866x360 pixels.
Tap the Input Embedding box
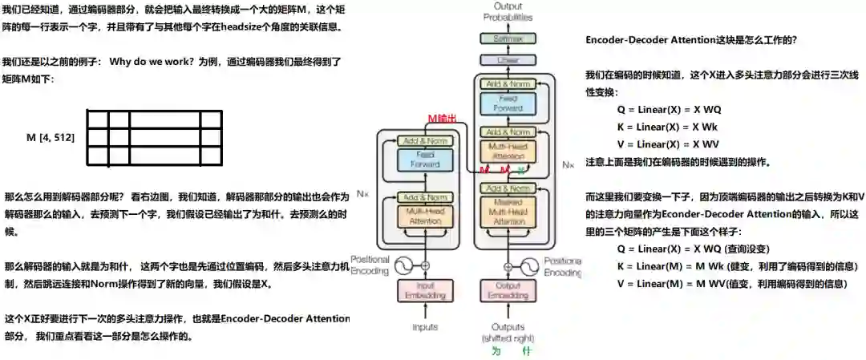click(425, 289)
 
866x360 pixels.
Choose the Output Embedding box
click(507, 289)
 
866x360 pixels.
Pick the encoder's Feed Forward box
click(425, 160)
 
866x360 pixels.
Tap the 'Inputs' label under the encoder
click(425, 327)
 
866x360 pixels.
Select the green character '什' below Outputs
click(526, 351)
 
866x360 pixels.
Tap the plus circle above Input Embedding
click(425, 265)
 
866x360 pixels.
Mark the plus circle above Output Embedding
click(507, 265)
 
